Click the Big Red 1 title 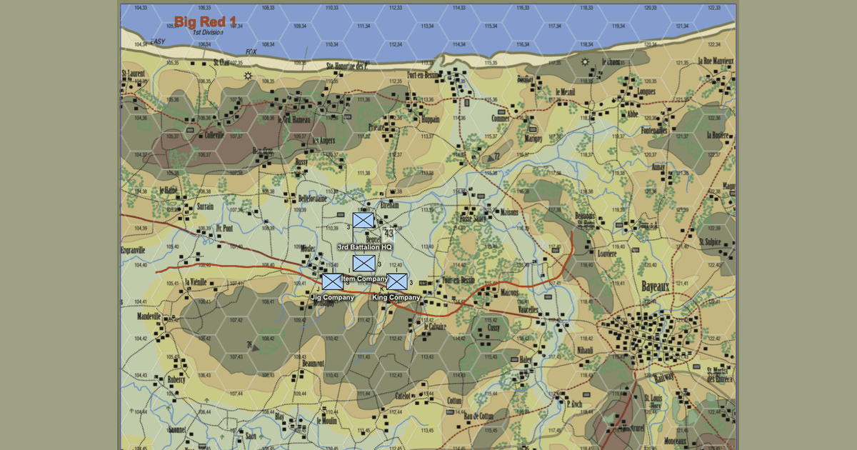206,21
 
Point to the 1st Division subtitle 207,32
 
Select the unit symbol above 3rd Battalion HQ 363,221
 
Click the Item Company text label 364,279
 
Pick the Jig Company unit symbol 332,281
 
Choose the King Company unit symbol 397,281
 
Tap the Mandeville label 149,316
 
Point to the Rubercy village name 176,380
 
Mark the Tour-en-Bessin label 458,280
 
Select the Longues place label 646,91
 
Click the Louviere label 606,254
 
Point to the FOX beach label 251,52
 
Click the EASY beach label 157,42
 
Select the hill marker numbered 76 250,345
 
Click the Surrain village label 205,207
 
